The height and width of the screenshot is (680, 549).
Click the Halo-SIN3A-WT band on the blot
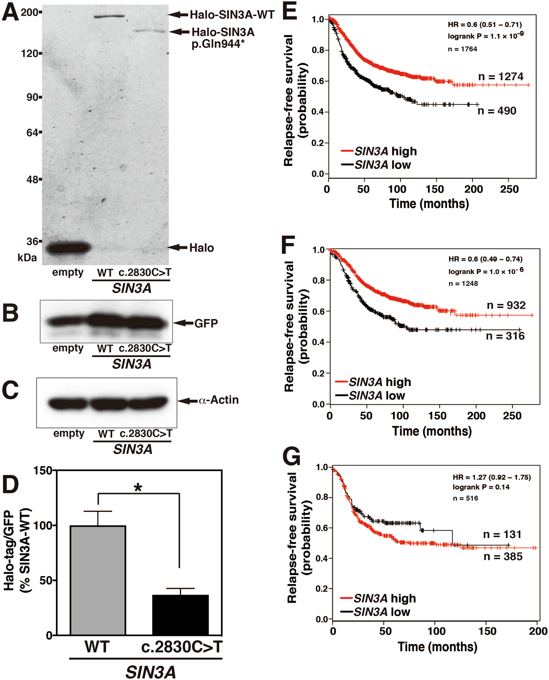tap(109, 16)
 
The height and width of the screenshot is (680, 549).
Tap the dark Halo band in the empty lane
tap(69, 248)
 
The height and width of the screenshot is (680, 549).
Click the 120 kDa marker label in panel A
tap(30, 53)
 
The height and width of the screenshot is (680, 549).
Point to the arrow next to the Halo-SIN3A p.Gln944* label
tap(180, 32)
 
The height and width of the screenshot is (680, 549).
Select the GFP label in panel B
tap(206, 323)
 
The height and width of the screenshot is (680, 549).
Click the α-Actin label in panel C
tap(219, 400)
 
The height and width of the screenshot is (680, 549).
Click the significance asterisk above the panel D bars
tap(138, 488)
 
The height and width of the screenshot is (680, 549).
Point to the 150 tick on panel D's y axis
tap(43, 471)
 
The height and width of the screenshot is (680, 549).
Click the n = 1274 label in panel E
tap(501, 76)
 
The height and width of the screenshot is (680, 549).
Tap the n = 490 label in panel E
tap(497, 111)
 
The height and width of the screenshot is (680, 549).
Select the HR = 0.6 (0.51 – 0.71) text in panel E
tap(485, 25)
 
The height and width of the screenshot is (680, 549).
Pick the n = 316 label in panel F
tap(505, 336)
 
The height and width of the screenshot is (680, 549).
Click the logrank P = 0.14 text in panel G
tap(481, 487)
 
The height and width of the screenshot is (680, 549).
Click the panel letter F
tap(288, 245)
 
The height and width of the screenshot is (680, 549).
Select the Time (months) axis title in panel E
tap(429, 203)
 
